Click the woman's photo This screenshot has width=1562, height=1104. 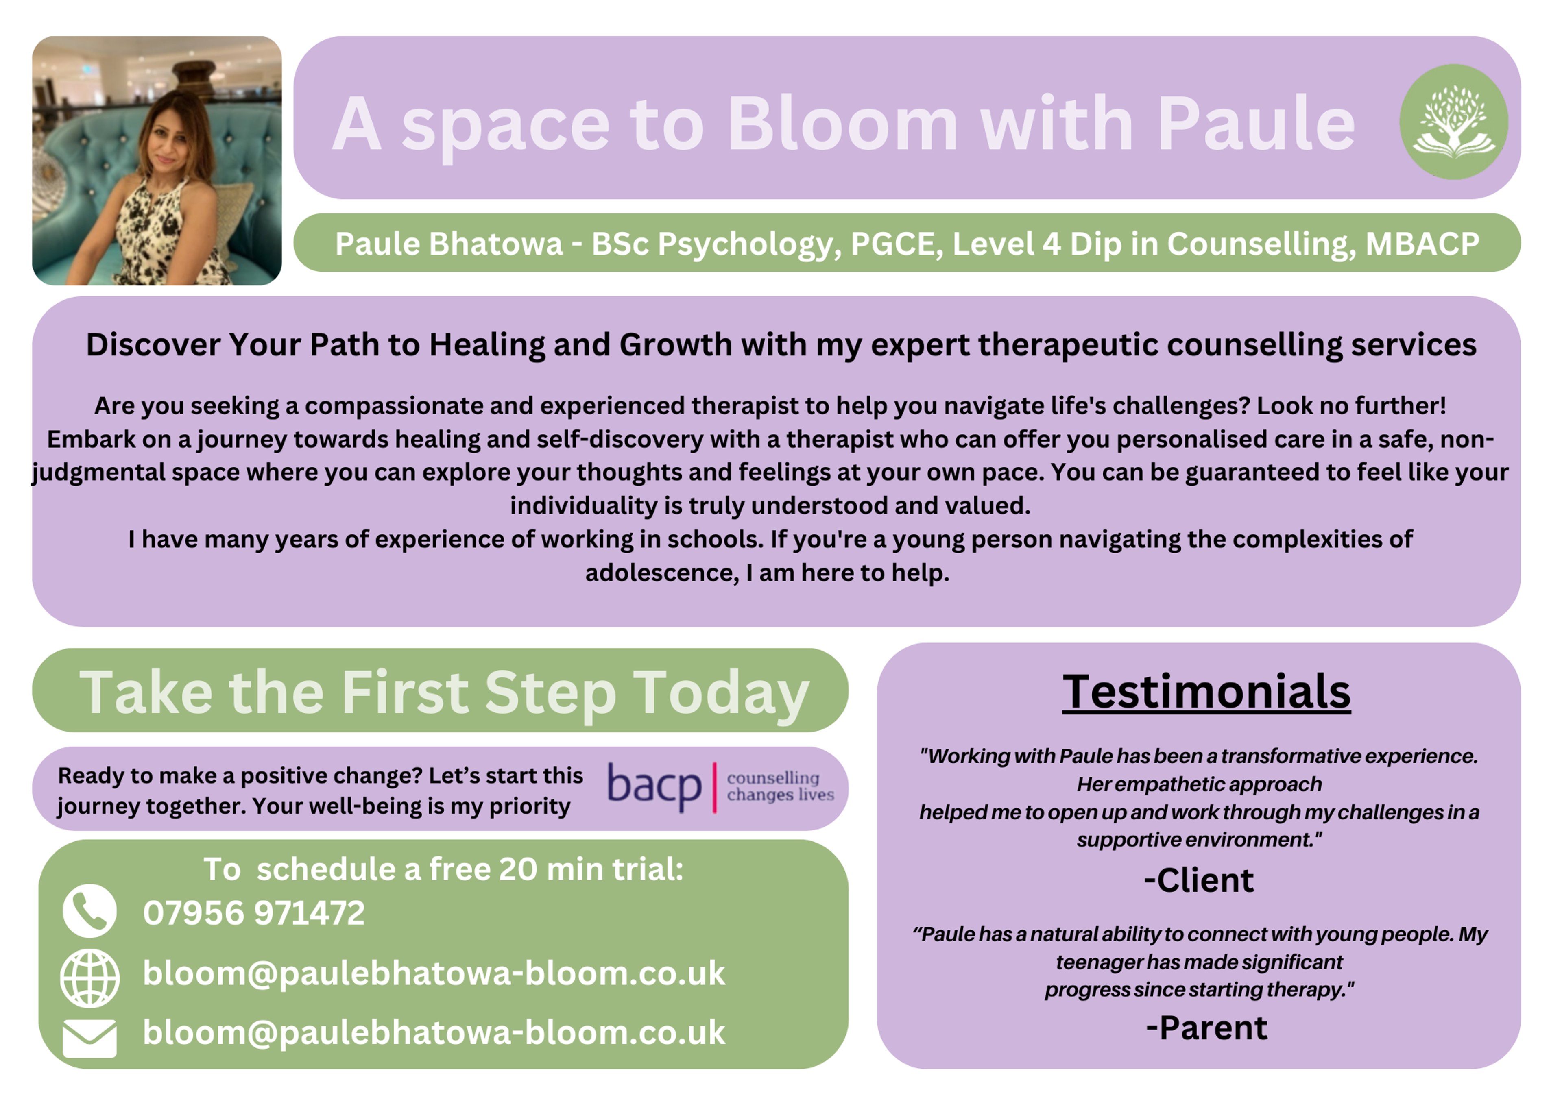coord(157,161)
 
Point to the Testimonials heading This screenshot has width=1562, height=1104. coord(1206,692)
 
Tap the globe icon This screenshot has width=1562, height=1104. coord(90,978)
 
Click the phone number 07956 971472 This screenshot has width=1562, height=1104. coord(254,913)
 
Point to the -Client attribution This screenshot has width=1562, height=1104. coord(1199,881)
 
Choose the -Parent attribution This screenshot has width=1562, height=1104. coord(1206,1028)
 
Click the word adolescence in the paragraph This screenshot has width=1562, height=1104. coord(661,573)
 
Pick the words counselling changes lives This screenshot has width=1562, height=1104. coord(780,786)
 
